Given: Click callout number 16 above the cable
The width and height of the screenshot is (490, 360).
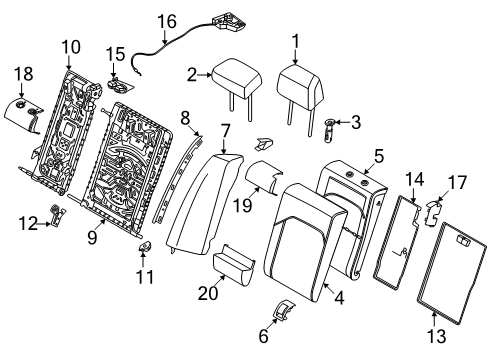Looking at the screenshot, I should [x=165, y=19].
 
